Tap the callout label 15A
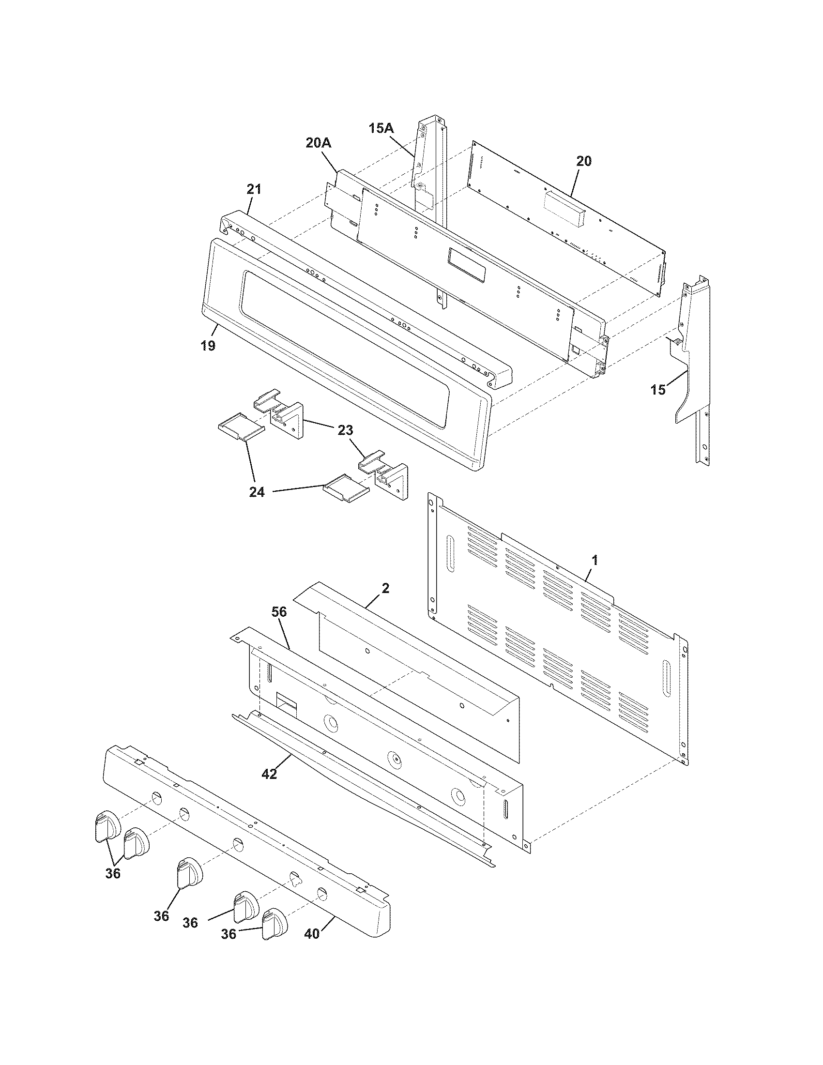point(381,128)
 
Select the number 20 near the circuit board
point(584,161)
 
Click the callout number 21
point(254,189)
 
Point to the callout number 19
point(208,346)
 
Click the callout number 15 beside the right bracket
point(658,390)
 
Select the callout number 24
point(257,492)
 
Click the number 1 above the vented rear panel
point(594,560)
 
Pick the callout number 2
point(385,589)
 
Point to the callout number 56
point(279,612)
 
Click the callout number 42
point(269,774)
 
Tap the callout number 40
point(312,934)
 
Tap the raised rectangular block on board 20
point(565,209)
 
